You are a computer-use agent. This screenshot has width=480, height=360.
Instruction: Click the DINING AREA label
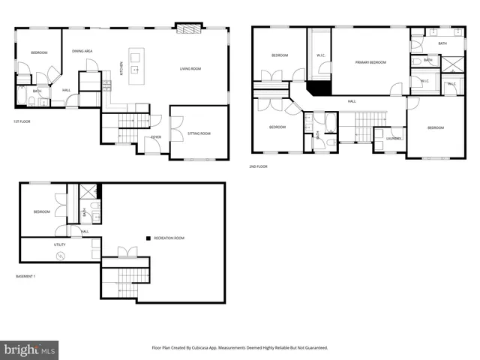[82, 51]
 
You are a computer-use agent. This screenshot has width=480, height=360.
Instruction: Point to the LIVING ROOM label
[190, 69]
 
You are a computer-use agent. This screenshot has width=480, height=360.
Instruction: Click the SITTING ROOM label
[199, 133]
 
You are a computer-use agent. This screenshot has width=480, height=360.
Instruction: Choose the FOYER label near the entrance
[156, 137]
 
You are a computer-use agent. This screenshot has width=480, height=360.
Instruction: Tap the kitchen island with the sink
[136, 66]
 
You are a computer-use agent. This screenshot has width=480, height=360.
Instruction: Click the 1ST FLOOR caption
[22, 121]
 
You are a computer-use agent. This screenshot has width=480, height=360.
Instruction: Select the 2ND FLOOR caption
[259, 167]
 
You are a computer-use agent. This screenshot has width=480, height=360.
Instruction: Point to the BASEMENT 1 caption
[26, 277]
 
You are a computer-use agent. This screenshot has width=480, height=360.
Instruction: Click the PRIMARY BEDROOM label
[370, 62]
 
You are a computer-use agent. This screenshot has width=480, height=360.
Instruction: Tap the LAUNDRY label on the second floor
[394, 138]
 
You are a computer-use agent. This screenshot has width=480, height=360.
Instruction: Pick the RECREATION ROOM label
[169, 238]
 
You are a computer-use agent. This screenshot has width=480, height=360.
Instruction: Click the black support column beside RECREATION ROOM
[148, 238]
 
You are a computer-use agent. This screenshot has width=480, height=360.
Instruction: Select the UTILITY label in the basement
[59, 244]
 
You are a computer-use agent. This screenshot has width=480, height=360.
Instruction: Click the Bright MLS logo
[30, 349]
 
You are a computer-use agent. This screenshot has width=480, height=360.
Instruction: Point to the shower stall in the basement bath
[85, 191]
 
